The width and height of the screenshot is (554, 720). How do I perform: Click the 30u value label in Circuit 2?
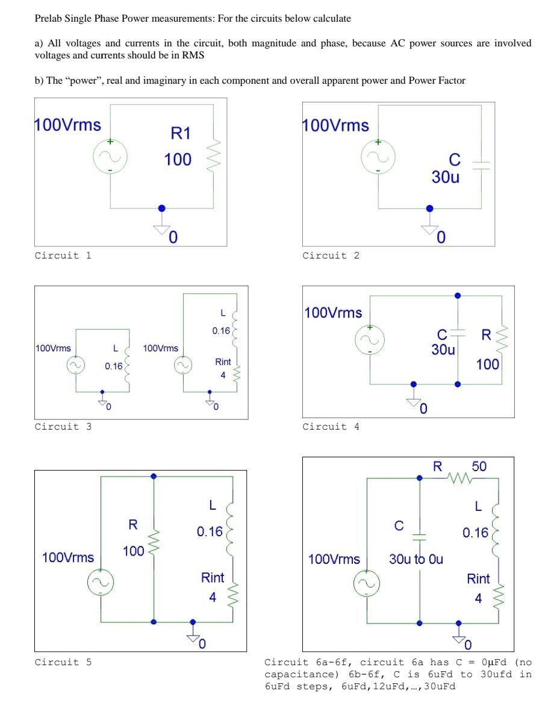click(446, 178)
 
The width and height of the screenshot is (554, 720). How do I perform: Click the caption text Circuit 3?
click(63, 427)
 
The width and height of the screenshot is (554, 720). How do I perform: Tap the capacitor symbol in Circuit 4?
click(458, 332)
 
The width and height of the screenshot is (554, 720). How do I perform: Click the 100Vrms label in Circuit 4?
click(334, 313)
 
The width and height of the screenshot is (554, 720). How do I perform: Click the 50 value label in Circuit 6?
click(479, 466)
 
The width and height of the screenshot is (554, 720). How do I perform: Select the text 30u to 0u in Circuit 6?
click(416, 559)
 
